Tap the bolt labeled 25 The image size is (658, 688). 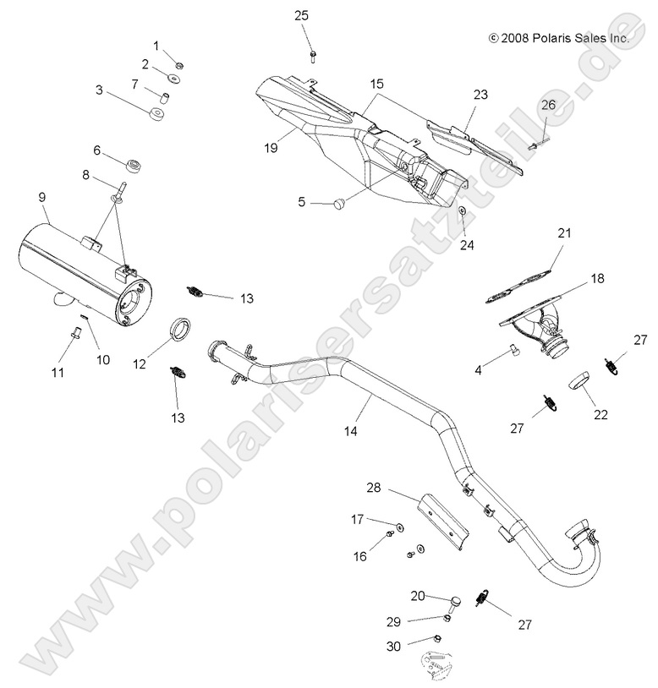click(313, 54)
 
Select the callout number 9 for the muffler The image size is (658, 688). click(42, 197)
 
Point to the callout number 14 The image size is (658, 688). click(350, 430)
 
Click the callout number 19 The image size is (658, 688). click(271, 148)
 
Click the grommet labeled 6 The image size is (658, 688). click(133, 161)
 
